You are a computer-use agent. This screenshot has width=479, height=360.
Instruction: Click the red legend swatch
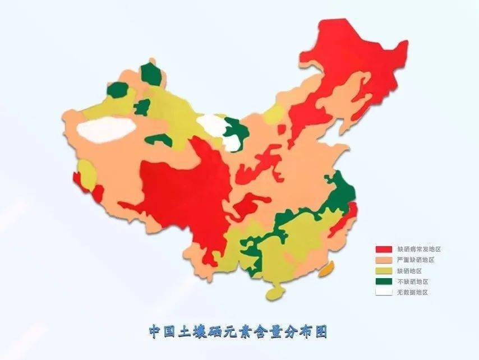384,248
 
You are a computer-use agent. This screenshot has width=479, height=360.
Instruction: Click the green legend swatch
384,281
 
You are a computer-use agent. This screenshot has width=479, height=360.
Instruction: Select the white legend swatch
384,292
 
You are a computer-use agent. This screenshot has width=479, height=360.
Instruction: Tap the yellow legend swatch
384,270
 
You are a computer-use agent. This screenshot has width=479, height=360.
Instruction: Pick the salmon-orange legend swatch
384,260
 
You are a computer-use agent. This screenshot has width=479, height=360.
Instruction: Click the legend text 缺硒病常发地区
416,248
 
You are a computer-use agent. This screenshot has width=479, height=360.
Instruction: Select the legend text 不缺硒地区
412,281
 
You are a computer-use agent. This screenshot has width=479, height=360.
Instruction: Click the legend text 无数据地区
412,292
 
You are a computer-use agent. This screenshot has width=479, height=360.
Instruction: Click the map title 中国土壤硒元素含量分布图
238,331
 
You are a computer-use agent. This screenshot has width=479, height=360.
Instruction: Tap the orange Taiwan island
326,269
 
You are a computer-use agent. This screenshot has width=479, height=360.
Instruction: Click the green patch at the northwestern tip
150,75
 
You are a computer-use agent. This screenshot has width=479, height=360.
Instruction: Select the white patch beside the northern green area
210,123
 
